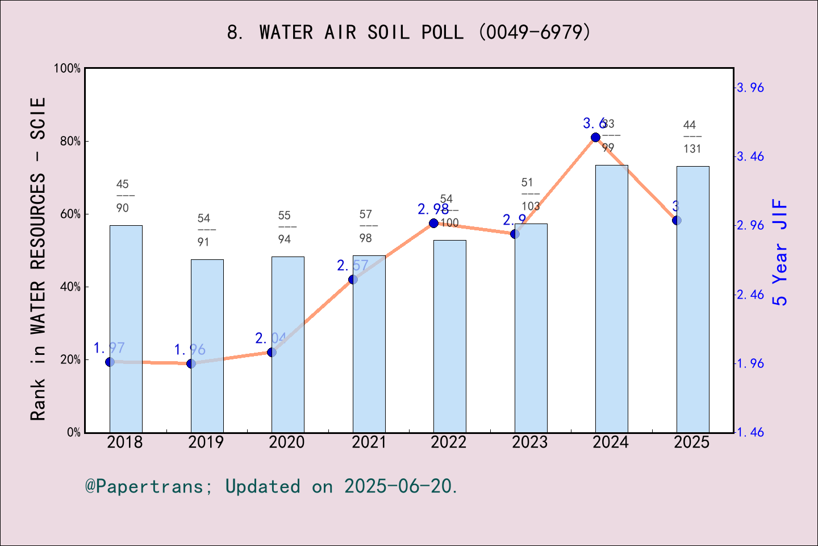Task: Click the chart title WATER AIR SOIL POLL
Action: click(x=408, y=32)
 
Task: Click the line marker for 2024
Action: click(x=595, y=137)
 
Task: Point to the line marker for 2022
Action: click(x=433, y=223)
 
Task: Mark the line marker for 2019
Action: click(x=191, y=363)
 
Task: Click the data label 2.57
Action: click(x=352, y=266)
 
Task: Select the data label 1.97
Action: click(x=109, y=348)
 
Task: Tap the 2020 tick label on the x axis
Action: click(x=287, y=442)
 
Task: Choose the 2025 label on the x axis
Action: click(x=692, y=442)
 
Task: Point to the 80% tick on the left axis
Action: click(x=70, y=141)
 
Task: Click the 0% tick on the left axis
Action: click(x=74, y=432)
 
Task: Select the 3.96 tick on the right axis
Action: click(x=750, y=88)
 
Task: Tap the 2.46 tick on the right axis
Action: click(x=750, y=295)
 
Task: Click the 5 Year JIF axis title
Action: click(x=781, y=252)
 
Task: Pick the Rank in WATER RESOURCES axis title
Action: click(x=37, y=259)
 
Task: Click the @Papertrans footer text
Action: click(x=272, y=486)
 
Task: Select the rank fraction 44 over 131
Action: click(x=692, y=137)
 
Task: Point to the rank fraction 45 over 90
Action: click(x=123, y=196)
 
